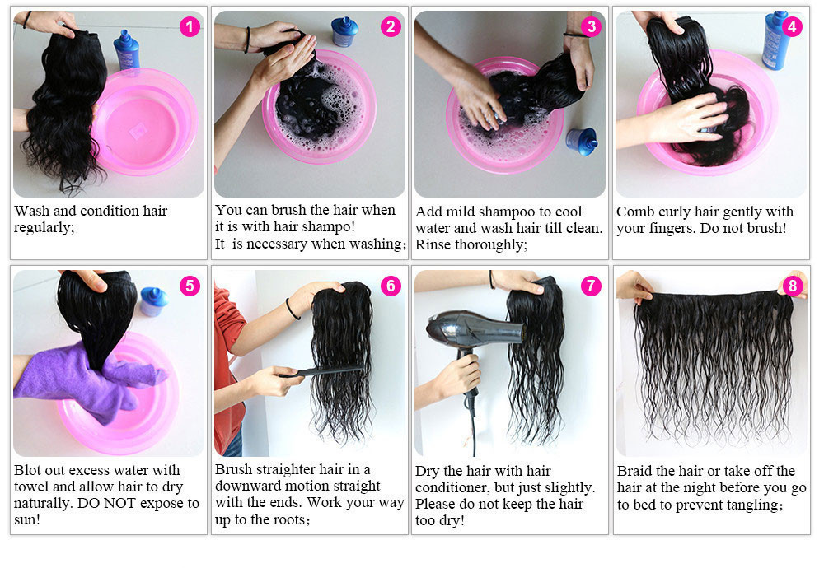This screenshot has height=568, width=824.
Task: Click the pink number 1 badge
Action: tap(190, 26)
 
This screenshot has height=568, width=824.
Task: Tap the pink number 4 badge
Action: tap(792, 26)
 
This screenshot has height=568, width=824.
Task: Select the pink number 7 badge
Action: tap(591, 286)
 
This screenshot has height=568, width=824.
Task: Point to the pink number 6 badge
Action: tap(391, 286)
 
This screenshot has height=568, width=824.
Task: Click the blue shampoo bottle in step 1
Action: tap(127, 50)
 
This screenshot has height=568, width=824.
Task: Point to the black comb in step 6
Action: tap(321, 371)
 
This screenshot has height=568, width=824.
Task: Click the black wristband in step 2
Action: tap(247, 40)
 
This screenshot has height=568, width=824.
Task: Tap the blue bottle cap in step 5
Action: tap(153, 301)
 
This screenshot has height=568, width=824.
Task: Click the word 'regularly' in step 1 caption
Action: tap(44, 228)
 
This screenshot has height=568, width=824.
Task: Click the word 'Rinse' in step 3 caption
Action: tap(433, 244)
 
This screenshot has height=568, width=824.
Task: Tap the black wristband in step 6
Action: tap(293, 310)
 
